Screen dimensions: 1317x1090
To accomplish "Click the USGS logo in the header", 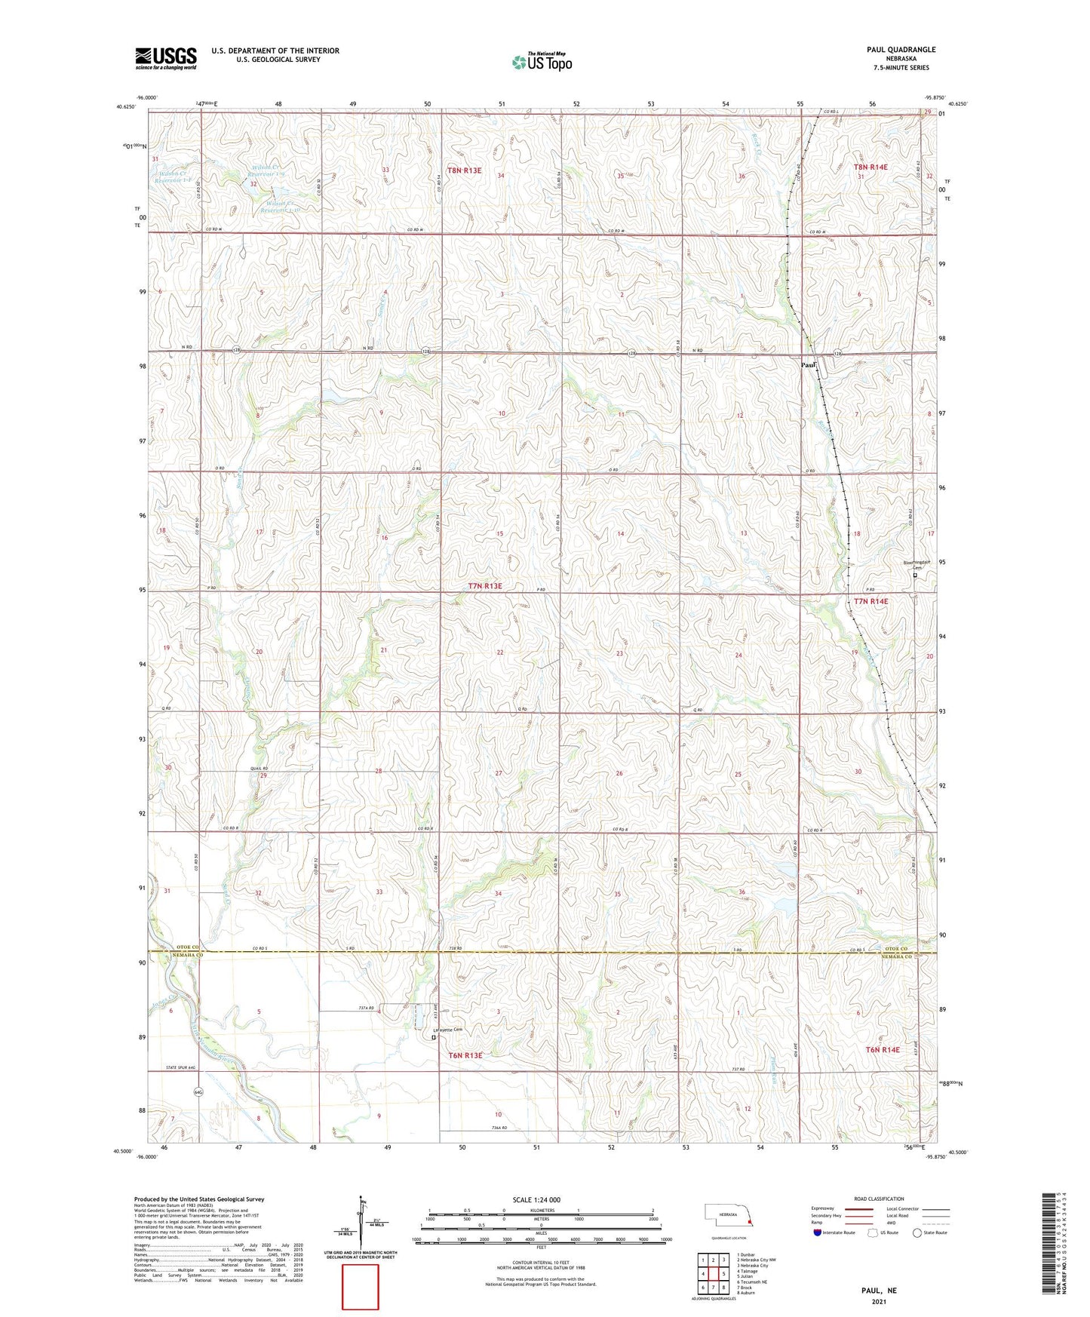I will click(166, 57).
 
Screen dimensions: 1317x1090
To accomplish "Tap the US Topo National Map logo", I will click(542, 62).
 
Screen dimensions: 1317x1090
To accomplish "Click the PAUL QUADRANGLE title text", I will click(901, 50).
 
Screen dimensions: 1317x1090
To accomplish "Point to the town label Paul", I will click(809, 365).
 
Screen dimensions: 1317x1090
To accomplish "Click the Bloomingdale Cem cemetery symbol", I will click(916, 576).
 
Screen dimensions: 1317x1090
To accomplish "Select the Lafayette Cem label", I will click(446, 1030).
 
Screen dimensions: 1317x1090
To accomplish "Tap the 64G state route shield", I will click(198, 1091).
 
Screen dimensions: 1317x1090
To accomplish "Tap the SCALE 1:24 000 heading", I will click(536, 1199).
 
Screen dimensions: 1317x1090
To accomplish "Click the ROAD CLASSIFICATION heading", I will click(879, 1199).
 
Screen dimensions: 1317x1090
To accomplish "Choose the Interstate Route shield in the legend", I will click(818, 1233).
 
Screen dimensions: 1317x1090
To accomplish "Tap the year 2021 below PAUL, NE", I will click(879, 1302).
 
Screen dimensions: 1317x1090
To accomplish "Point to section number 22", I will click(499, 652).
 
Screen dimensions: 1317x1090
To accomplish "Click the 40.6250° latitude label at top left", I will click(126, 107).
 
